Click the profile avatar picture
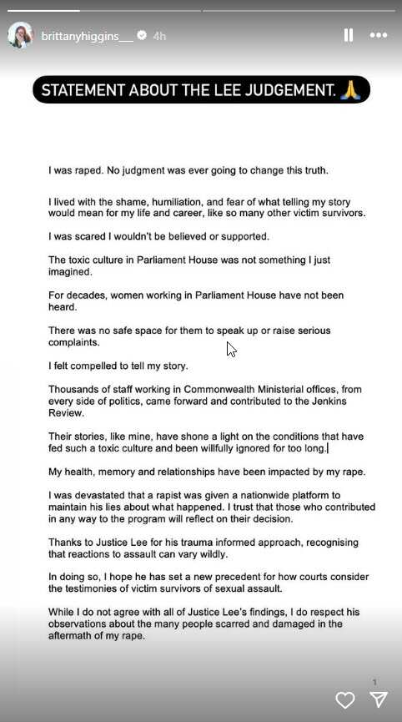[20, 35]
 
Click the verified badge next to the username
[142, 36]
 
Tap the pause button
[349, 35]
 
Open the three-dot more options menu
[379, 35]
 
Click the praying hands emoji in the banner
[350, 89]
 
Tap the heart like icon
[344, 699]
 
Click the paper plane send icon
[379, 699]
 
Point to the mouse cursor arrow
[231, 349]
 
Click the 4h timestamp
[160, 36]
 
